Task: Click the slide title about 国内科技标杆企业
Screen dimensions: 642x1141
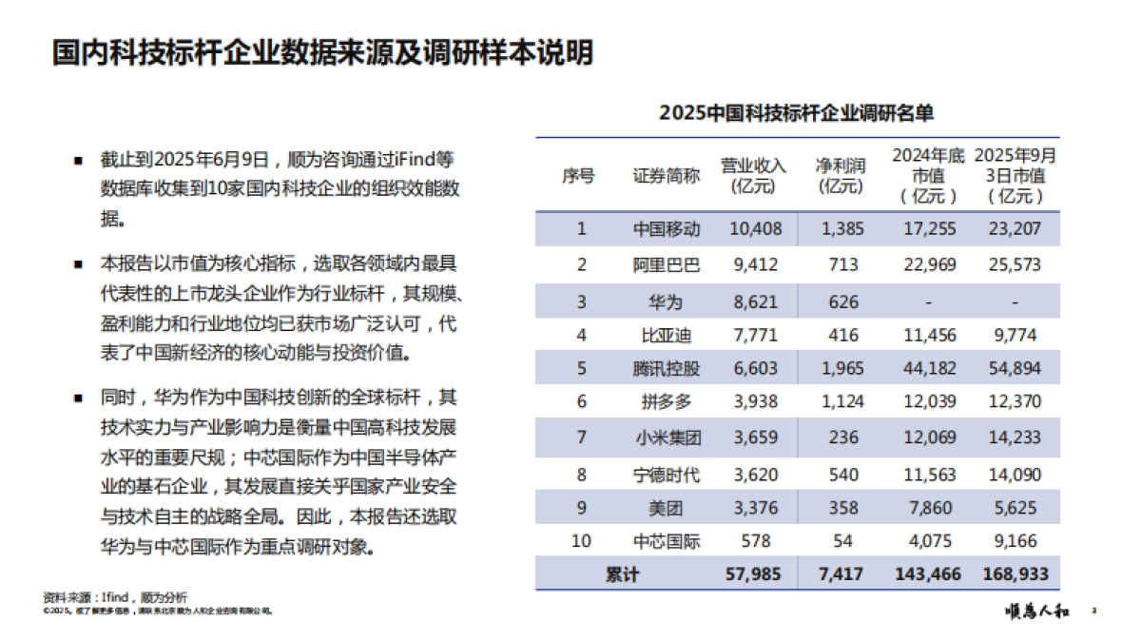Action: pos(322,53)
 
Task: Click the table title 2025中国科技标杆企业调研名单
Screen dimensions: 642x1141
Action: pos(797,113)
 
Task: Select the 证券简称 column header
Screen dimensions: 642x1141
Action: pos(667,176)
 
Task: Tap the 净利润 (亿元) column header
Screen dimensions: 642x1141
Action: pos(841,176)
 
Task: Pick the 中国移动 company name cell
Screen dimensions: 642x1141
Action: pos(667,228)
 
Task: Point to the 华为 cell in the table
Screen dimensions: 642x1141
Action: pos(667,302)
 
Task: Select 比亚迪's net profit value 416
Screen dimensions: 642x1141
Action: pos(842,335)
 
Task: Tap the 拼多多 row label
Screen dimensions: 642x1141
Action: pos(667,402)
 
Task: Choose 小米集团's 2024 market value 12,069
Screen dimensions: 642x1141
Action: pos(927,438)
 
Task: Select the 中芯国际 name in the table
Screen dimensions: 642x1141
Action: pos(667,542)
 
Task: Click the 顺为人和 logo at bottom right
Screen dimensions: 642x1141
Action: pos(1036,612)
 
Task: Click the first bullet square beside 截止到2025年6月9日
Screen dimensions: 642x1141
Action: pos(79,159)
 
